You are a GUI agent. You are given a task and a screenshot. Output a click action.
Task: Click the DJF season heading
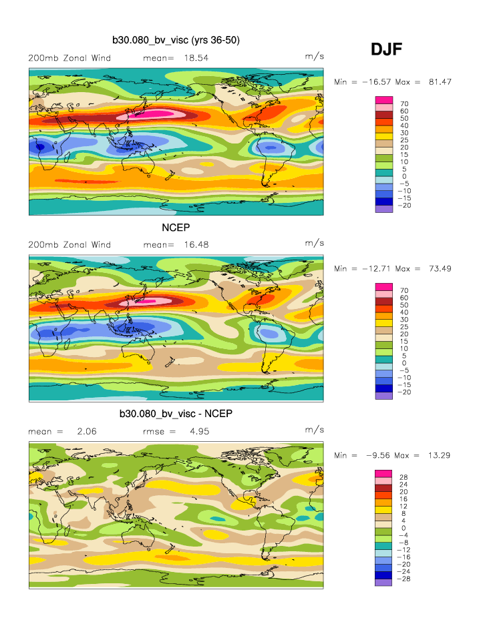386,49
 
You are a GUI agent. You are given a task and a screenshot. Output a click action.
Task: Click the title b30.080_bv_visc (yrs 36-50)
176,41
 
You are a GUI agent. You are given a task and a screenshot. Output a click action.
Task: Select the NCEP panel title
176,228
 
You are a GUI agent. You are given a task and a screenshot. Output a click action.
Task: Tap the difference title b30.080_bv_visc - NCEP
176,414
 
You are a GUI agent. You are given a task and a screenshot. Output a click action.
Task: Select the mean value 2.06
87,432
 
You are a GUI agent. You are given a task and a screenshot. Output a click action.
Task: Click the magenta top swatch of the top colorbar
383,99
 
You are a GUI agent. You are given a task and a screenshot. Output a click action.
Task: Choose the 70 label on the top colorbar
404,103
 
